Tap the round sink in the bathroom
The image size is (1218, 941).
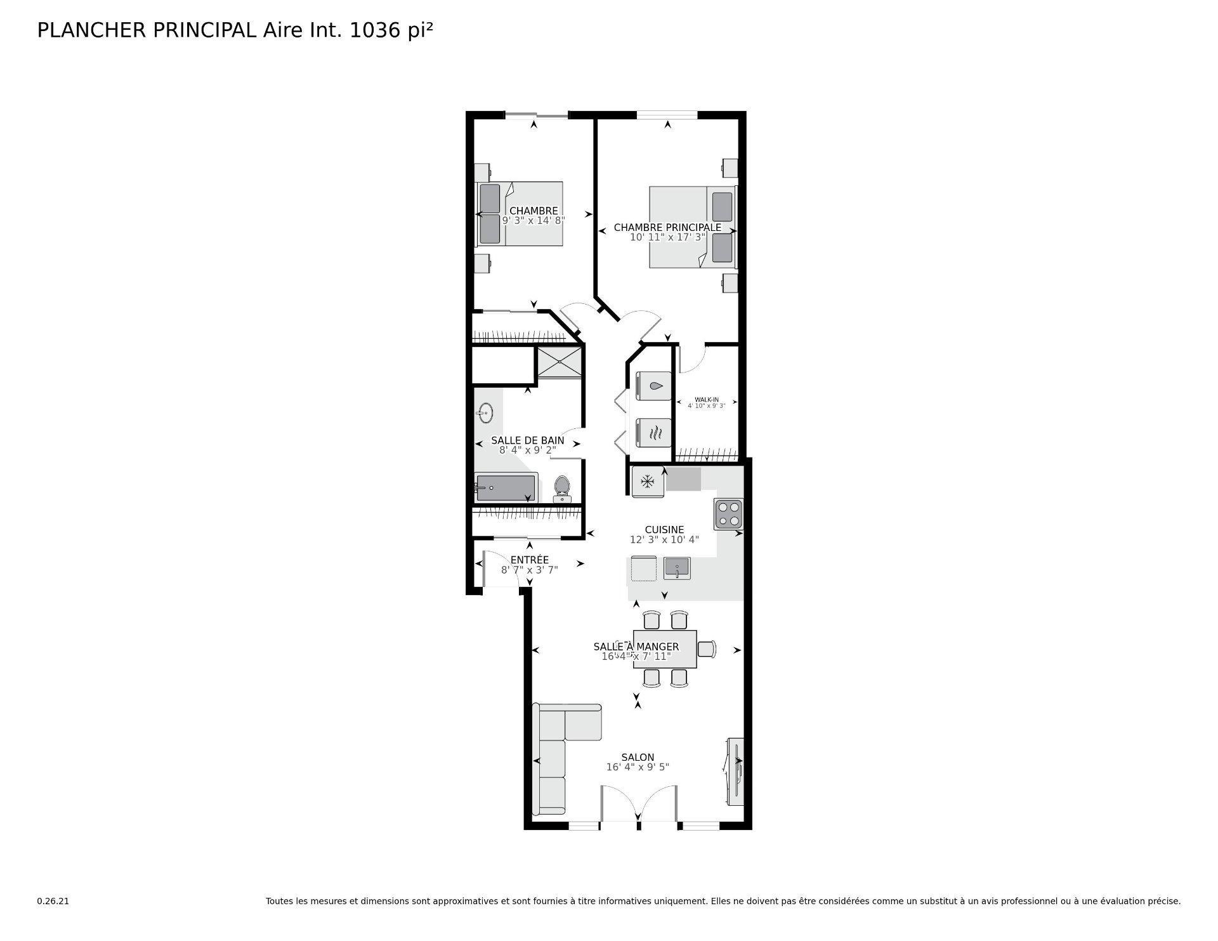(485, 413)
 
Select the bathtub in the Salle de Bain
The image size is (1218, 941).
(506, 487)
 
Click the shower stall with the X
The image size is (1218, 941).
(559, 362)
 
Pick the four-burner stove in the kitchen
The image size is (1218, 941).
(728, 514)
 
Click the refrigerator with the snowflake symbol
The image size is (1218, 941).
(648, 482)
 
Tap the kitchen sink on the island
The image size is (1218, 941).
(677, 567)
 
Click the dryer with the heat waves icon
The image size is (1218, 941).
(653, 433)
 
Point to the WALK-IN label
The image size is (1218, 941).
(706, 399)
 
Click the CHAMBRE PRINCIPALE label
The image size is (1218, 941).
(667, 227)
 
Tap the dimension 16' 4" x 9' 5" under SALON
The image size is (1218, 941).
(638, 767)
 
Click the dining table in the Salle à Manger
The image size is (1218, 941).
(665, 648)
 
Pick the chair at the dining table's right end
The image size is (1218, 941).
(707, 648)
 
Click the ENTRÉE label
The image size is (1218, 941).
(529, 560)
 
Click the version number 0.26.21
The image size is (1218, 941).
(53, 901)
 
